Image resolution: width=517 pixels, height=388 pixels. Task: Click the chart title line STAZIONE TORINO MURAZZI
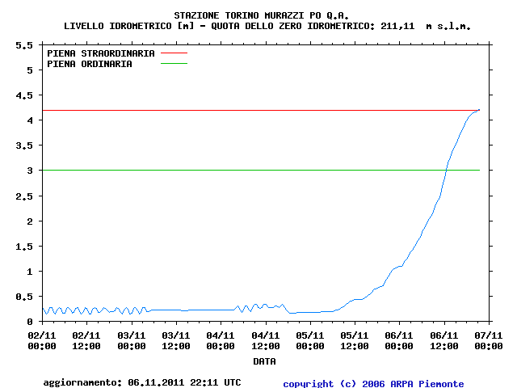click(x=261, y=15)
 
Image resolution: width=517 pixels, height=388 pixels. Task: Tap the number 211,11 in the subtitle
click(x=397, y=26)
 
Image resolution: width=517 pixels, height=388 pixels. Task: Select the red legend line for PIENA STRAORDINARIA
click(x=174, y=53)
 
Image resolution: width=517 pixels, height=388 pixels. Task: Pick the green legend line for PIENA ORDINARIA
click(x=174, y=63)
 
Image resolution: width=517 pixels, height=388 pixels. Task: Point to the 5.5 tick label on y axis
click(x=24, y=45)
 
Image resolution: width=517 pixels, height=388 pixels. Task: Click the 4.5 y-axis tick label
click(x=24, y=95)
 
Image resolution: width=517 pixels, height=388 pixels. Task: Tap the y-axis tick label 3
click(x=30, y=171)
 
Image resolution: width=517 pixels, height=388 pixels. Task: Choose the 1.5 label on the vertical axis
click(x=24, y=247)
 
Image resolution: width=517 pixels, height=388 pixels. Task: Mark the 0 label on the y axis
click(x=30, y=322)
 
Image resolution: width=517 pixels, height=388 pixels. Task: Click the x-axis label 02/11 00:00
click(x=42, y=341)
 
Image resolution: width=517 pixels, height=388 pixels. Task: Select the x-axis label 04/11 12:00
click(x=266, y=341)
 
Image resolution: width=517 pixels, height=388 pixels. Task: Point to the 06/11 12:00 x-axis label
click(x=443, y=341)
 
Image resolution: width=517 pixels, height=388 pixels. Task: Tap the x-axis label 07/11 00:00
click(x=489, y=341)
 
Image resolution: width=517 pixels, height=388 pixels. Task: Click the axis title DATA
click(x=264, y=361)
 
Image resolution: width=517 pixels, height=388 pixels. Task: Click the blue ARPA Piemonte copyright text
click(x=373, y=384)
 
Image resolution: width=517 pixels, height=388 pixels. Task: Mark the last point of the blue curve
click(x=479, y=110)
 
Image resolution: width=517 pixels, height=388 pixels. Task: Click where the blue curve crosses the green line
click(x=447, y=171)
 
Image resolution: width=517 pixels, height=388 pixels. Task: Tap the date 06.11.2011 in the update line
click(x=156, y=382)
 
